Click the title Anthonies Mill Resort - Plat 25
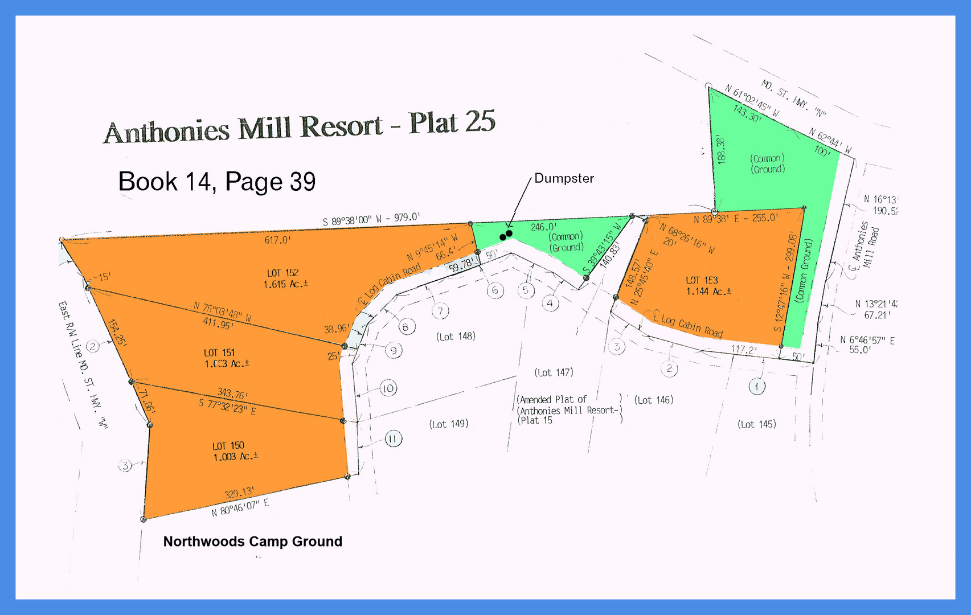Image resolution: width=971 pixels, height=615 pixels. [300, 126]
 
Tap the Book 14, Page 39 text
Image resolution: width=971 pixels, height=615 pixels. [216, 182]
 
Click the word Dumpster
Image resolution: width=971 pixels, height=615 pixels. [564, 178]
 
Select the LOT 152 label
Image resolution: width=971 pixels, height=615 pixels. [283, 273]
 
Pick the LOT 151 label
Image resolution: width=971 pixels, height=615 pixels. [219, 352]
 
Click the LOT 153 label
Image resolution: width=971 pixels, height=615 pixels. [702, 280]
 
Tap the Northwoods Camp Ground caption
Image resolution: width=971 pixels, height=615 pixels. [252, 542]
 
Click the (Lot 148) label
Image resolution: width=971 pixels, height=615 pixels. [456, 337]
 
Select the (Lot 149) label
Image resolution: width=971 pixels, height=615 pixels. [449, 424]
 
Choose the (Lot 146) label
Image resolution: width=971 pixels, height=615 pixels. [654, 400]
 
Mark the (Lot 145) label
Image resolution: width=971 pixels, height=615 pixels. [756, 424]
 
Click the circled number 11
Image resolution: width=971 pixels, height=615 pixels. [393, 439]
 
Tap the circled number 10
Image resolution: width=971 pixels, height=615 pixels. [388, 389]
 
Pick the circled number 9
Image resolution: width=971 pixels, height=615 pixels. [394, 350]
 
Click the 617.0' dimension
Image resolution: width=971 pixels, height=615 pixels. [278, 240]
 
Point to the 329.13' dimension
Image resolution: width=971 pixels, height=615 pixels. [239, 493]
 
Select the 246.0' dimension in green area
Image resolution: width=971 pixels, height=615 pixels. [543, 227]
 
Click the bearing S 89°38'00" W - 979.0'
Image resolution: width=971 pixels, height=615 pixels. [371, 219]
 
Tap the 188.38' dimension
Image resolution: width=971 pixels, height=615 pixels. [722, 150]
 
